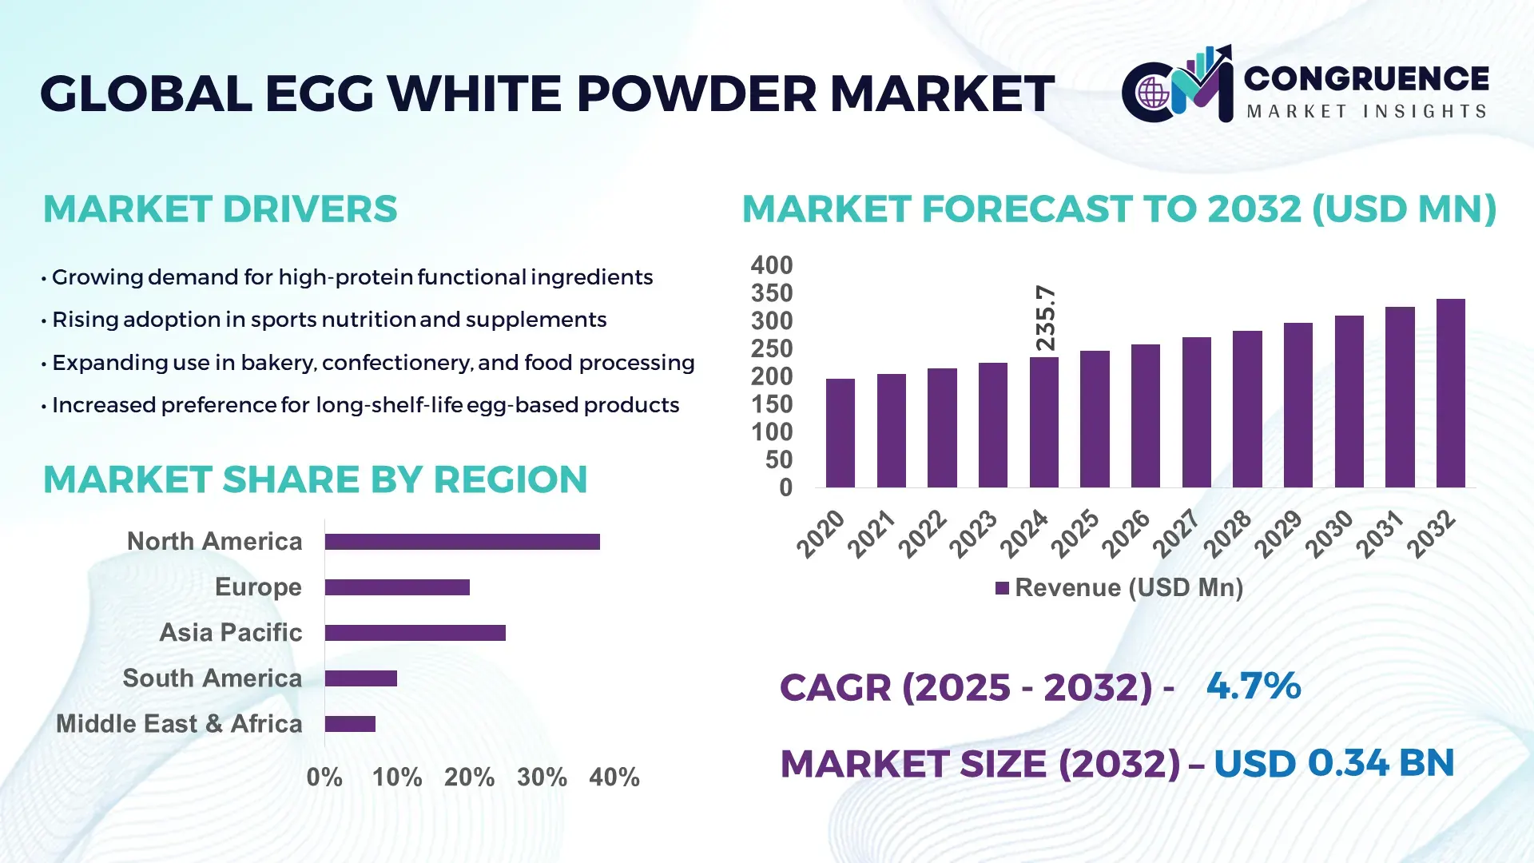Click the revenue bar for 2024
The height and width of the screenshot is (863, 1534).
tap(1043, 422)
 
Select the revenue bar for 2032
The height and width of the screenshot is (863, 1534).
tap(1450, 393)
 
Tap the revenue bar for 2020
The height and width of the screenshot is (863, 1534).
tap(840, 433)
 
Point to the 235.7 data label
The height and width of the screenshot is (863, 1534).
tap(1045, 318)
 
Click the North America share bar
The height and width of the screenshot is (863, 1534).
tap(462, 542)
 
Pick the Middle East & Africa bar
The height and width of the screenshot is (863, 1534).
tap(350, 724)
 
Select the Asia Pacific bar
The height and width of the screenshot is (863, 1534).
tap(415, 633)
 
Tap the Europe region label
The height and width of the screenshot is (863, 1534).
tap(258, 587)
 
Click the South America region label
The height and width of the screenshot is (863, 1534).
tap(212, 678)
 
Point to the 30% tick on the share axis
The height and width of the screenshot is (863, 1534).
tap(542, 777)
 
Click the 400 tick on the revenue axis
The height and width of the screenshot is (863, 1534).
tap(771, 265)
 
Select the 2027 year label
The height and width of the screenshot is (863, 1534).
tap(1176, 533)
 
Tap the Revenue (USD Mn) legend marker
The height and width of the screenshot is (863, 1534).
tap(1002, 589)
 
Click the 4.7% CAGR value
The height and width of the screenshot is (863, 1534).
tap(1253, 686)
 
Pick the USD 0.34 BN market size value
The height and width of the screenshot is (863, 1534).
tap(1333, 763)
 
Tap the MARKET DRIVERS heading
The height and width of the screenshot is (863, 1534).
tap(220, 209)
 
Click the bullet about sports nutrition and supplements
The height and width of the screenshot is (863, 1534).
tap(328, 320)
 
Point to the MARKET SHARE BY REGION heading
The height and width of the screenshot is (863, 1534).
tap(315, 479)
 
